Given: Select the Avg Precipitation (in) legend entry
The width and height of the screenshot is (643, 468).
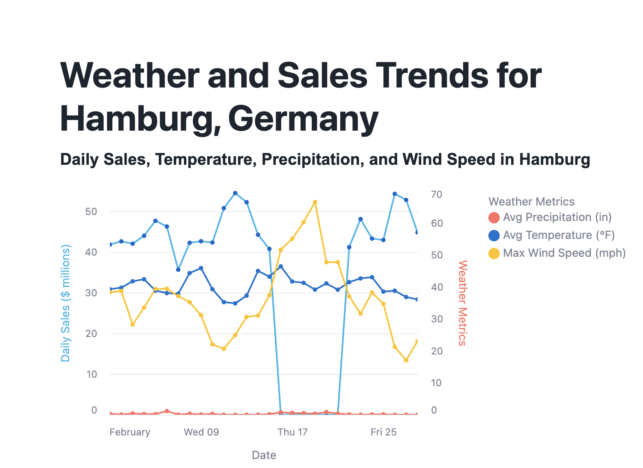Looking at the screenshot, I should point(557,217).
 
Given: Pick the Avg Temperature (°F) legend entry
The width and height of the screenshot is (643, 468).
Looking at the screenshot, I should point(558,235).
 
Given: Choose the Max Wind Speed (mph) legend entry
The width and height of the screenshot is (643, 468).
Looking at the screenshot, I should point(564,253).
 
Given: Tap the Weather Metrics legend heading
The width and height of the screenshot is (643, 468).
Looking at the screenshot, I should point(531,202).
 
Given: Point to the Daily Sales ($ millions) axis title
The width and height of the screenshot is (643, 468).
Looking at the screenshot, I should point(66,303).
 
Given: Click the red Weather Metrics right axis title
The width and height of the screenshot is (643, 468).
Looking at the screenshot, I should point(463,303).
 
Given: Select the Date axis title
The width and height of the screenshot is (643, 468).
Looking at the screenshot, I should point(264,455).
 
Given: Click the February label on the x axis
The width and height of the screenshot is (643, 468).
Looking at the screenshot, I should point(130,432).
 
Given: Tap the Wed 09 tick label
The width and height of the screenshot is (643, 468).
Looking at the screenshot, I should point(201,432).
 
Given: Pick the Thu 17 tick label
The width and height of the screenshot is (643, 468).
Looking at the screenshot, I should point(293,432).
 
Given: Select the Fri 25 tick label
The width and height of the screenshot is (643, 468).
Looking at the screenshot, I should point(383,432).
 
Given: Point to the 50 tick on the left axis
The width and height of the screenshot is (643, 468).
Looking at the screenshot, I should point(91,212).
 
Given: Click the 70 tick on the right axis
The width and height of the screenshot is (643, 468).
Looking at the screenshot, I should point(437,195).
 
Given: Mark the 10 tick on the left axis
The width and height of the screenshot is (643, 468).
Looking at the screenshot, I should point(91,374).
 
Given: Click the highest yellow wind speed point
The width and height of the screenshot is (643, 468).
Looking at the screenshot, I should point(315,202).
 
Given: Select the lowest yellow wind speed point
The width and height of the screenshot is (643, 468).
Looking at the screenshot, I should point(406,360).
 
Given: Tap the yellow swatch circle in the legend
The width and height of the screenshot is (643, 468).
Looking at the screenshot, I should point(494,254).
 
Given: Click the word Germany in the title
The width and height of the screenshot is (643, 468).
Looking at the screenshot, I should point(303,118).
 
